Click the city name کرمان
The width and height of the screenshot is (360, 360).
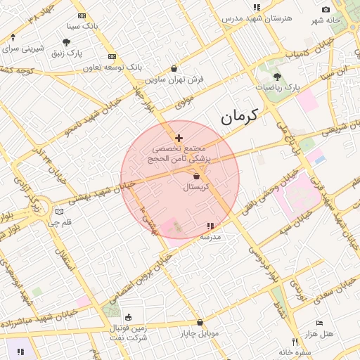239,117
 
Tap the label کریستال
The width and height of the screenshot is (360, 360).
198,187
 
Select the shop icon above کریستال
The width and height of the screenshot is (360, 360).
197,176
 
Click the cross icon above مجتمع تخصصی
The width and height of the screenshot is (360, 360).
179,138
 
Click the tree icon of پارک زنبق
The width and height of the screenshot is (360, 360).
67,42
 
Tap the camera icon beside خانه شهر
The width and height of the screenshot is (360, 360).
326,9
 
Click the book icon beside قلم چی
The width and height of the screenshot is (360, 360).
60,212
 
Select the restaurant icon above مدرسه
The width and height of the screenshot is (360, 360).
210,226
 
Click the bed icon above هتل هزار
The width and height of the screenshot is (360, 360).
320,323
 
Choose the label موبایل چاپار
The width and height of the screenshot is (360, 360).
200,333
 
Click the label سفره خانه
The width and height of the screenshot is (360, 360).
295,351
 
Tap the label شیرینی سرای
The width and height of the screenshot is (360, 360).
23,49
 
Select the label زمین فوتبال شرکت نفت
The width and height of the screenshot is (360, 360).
128,333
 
